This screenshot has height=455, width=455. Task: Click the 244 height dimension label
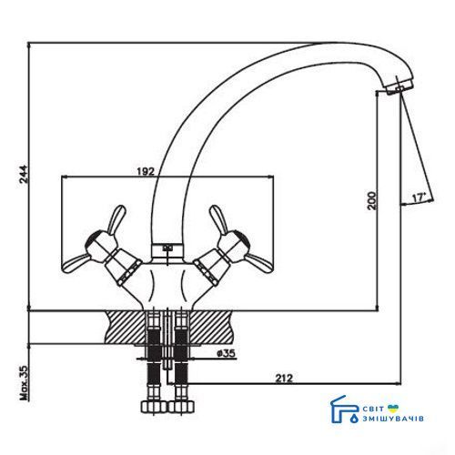point(24,174)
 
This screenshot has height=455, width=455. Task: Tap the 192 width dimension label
point(146,171)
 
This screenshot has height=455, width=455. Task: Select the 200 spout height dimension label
point(371,200)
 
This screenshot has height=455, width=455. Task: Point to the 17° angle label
point(419,198)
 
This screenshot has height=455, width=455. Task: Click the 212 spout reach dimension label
point(284,379)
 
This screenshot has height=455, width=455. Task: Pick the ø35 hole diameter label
point(227,353)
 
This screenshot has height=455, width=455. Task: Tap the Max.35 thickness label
point(24,383)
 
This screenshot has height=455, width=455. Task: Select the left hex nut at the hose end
point(154,407)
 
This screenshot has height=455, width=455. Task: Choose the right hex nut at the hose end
point(181,407)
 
